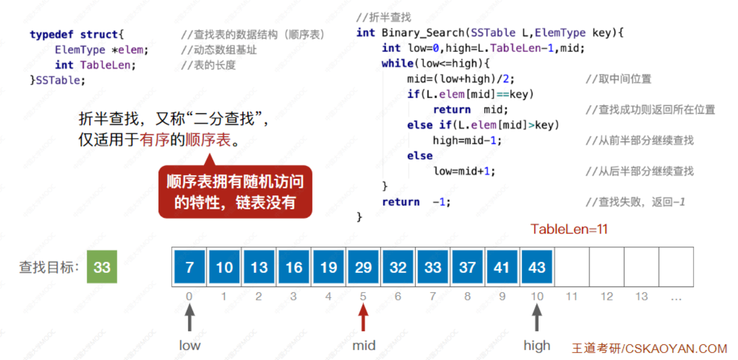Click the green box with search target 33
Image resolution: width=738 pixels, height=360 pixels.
(102, 267)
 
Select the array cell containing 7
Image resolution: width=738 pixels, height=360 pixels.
(190, 267)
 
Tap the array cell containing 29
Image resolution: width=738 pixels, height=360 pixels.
(363, 267)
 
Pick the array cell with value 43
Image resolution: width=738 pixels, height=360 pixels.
(537, 267)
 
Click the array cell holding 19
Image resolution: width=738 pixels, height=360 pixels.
(328, 267)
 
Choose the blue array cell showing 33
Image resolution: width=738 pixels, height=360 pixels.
(432, 267)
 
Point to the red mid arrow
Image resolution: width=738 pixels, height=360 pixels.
(363, 318)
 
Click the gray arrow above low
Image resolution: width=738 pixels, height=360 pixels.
(190, 318)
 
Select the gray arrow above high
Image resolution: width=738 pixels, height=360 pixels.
(537, 318)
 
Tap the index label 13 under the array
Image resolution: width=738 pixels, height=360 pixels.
(641, 296)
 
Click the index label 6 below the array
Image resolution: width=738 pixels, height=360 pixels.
(398, 296)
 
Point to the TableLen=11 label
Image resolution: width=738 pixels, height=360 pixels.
(569, 229)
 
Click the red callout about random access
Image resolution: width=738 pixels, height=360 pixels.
(235, 192)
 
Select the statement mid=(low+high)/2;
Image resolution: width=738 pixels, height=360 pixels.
(461, 79)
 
